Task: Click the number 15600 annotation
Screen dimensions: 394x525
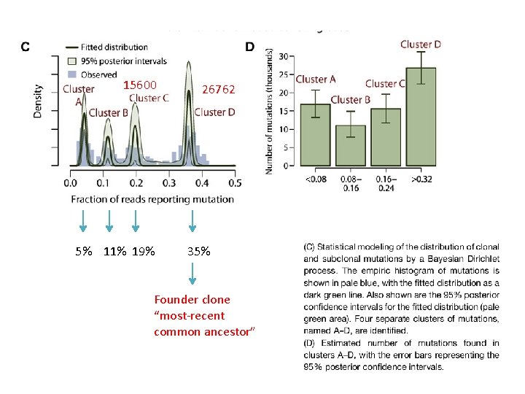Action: tap(140, 85)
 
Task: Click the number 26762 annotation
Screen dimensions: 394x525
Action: tap(219, 89)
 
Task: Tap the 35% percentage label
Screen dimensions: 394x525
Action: tap(199, 252)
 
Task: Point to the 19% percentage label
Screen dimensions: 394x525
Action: tap(145, 252)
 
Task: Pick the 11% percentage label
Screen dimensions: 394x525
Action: tap(115, 252)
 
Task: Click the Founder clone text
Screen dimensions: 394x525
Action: tap(192, 299)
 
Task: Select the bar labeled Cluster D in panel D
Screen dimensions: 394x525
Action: tap(420, 117)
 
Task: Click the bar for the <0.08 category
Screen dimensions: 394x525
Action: tap(315, 135)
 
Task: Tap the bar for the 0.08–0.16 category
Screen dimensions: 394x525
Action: tap(350, 145)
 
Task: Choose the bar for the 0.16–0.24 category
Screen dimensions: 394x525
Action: tap(385, 137)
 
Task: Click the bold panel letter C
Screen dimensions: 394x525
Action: tap(25, 47)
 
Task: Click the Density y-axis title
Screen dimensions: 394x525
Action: tap(38, 100)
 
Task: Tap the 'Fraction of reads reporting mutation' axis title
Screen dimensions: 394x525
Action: tap(152, 199)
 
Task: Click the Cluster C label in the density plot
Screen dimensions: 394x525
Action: tap(149, 98)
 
